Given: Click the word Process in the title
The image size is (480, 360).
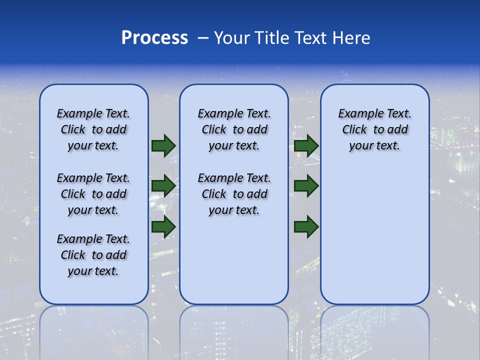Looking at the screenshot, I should [154, 38].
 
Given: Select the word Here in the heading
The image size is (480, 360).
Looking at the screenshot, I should [350, 38].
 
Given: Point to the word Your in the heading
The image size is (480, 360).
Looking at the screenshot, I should [232, 38].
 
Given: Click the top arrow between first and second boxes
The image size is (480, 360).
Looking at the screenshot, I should [163, 146].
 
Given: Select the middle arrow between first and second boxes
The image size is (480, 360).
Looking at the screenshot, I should [163, 186].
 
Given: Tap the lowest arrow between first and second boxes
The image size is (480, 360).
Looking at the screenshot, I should [163, 226].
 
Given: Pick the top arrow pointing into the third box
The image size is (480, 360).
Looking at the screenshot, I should [306, 146].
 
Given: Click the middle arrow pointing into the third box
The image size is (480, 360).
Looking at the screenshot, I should [306, 186].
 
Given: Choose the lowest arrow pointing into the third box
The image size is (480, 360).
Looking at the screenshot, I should [306, 226].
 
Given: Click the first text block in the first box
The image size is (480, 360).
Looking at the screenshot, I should [93, 129].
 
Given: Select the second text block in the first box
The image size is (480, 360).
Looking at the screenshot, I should [93, 194].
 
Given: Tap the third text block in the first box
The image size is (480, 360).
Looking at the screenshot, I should [93, 255].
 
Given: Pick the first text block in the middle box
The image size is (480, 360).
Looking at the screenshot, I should [234, 129].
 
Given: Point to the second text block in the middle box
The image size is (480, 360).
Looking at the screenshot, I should [234, 194].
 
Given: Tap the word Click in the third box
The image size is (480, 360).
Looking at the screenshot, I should [354, 130].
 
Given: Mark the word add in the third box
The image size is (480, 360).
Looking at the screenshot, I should [398, 130].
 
